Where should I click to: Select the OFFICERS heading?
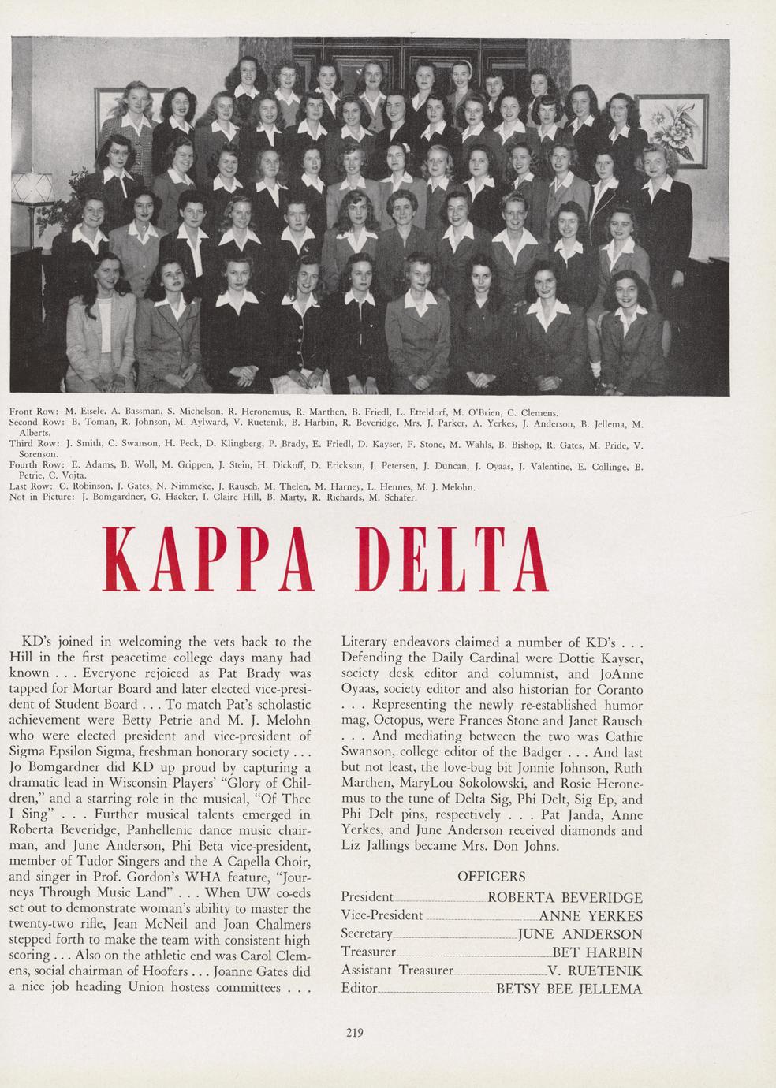[491, 877]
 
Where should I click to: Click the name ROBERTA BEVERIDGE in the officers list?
[565, 897]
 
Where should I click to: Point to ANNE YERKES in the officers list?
[590, 916]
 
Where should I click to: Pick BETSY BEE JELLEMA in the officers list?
[569, 989]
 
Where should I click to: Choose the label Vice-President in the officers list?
[382, 916]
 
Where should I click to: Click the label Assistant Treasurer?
[397, 971]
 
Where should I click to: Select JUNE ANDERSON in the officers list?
[580, 934]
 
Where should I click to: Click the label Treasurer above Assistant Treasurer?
[367, 952]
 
